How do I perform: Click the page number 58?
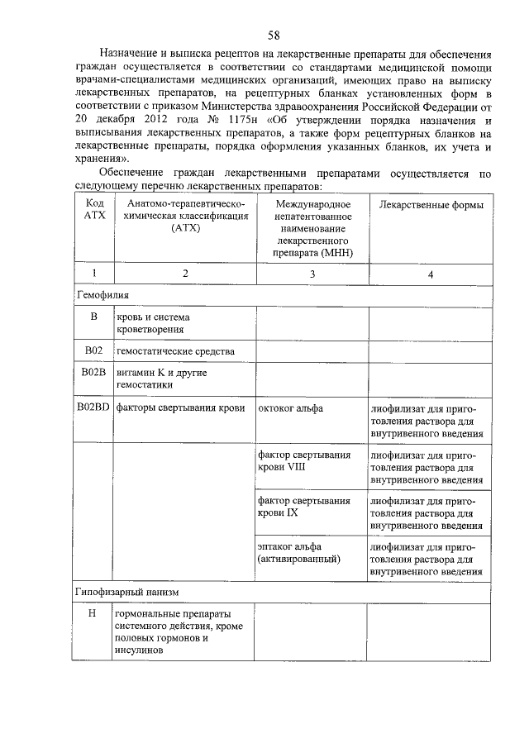pos(274,34)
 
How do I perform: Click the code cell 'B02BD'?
pos(93,407)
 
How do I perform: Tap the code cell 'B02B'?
pos(93,373)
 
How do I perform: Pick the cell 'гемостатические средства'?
pos(175,351)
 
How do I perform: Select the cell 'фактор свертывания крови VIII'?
pos(304,460)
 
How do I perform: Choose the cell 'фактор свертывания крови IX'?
pos(304,507)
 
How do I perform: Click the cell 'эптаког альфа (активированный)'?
pos(299,553)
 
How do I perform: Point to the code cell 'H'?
pos(93,614)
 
